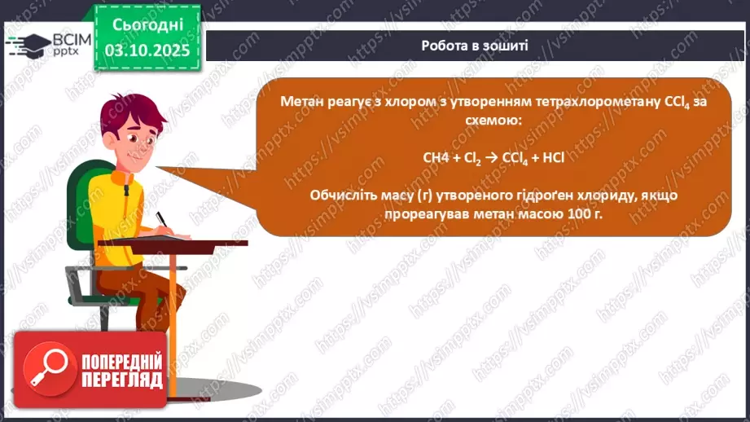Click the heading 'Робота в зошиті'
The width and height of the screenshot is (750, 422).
475,46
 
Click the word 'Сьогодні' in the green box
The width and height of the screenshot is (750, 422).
148,25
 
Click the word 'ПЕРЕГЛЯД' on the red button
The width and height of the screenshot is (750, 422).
121,380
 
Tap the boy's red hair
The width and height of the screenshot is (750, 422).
130,114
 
